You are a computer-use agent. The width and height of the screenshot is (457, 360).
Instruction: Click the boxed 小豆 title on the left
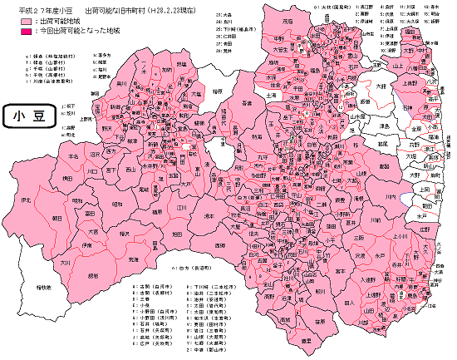29,116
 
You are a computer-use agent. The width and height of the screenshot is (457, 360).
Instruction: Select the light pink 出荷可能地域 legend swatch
16,19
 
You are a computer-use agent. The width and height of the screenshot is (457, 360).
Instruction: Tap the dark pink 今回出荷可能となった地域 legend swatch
16,29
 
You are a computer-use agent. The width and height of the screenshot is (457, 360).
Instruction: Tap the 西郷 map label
219,246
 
